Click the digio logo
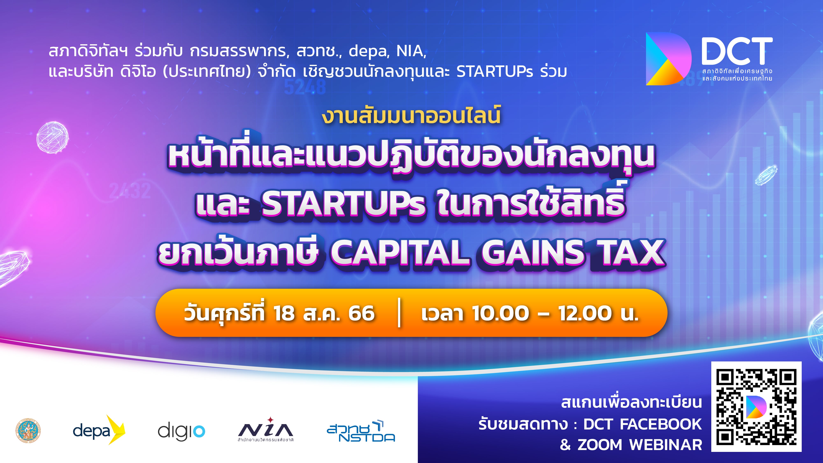[181, 431]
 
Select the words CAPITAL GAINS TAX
[498, 253]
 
